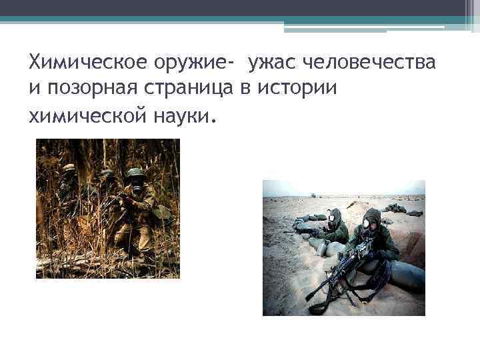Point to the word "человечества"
370,64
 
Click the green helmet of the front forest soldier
136,172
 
